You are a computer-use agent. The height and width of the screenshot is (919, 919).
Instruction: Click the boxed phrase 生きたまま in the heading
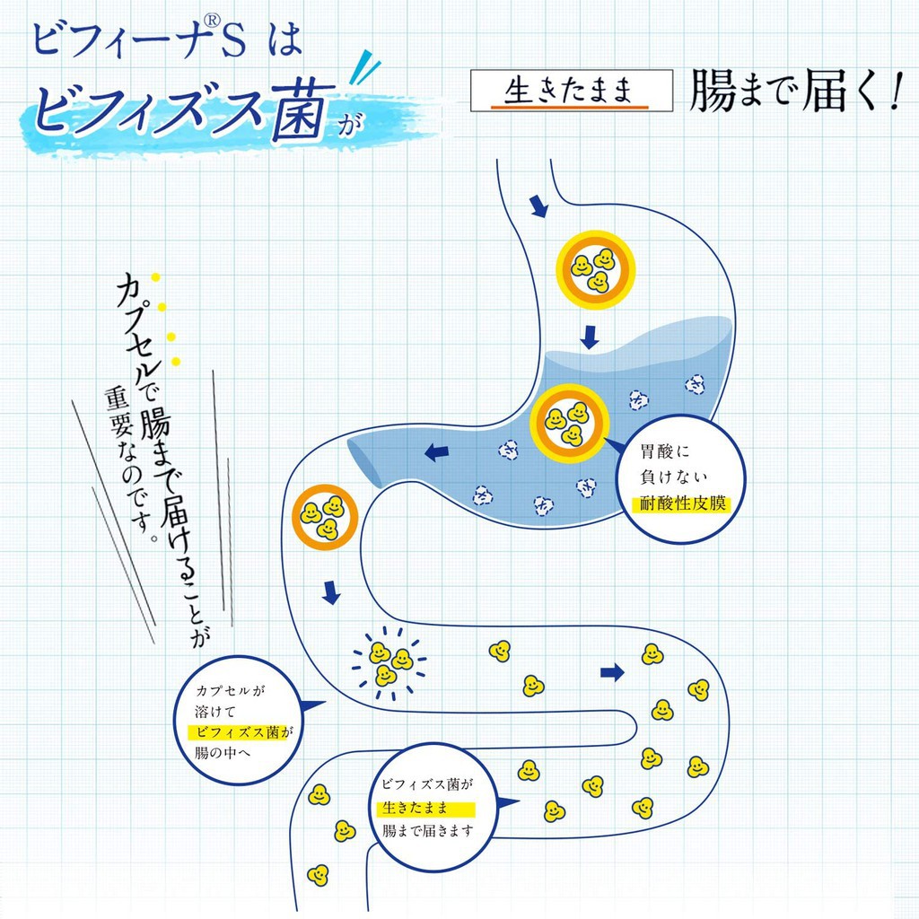coord(569,91)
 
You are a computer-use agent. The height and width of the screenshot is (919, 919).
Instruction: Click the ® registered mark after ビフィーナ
coord(212,22)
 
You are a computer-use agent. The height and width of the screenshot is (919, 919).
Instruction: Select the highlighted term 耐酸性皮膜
coord(682,503)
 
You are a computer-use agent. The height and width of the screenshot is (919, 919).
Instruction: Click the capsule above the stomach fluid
coord(596,269)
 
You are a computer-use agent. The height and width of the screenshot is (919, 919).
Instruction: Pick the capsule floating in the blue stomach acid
coord(569,424)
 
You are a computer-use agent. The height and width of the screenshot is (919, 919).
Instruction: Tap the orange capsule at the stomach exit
coord(325,517)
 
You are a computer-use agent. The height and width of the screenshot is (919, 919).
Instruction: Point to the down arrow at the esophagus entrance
coord(538,206)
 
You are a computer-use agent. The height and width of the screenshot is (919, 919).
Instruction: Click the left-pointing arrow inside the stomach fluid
coord(437,452)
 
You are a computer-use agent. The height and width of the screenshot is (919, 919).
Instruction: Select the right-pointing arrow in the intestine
coord(612,673)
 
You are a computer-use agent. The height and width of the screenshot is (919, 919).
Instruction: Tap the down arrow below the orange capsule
coord(331,592)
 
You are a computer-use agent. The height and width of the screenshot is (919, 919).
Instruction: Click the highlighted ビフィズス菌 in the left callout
coord(237,732)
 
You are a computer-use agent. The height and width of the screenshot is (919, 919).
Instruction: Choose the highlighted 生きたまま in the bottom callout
coord(415,809)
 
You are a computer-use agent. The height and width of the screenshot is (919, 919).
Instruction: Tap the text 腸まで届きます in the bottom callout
coord(427,830)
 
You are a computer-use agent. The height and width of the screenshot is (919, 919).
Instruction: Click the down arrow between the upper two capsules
coord(589,337)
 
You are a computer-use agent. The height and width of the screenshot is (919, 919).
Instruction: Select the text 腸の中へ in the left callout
coord(223,753)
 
